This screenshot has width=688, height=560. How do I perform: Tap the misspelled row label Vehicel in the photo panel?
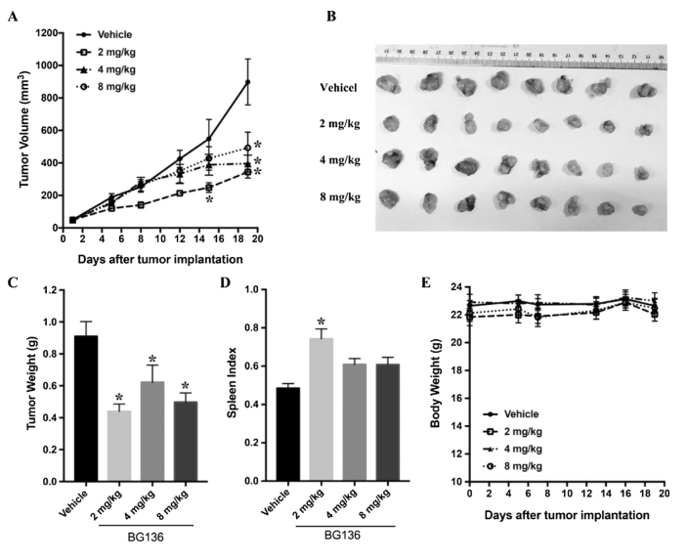click(x=344, y=87)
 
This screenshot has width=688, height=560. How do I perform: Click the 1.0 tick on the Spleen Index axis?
click(x=257, y=289)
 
